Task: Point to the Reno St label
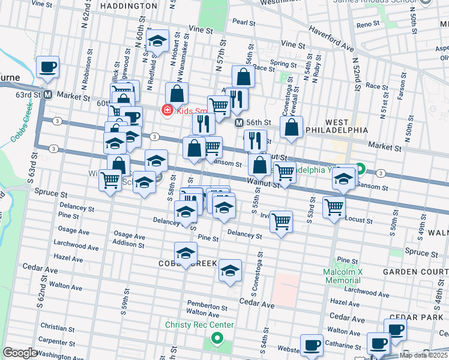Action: point(364,25)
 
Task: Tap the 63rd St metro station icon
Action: point(47,95)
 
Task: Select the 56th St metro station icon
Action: point(238,122)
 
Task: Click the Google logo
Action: point(20,353)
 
